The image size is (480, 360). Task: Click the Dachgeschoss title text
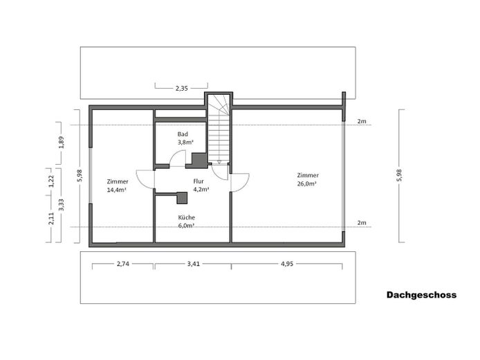[x=421, y=295]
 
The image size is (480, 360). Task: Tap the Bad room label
[x=183, y=134]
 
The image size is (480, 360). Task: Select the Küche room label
[x=187, y=217]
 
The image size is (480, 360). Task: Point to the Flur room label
[x=199, y=181]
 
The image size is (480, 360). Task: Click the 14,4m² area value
[x=117, y=190]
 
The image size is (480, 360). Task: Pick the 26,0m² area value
[x=306, y=184]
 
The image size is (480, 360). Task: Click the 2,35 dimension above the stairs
[x=181, y=89]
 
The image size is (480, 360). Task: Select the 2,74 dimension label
[x=122, y=264]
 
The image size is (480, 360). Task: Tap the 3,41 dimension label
[x=194, y=264]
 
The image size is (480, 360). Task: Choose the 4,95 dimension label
[x=287, y=264]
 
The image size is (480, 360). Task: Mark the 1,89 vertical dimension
[x=62, y=142]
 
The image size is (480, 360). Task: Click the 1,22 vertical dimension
[x=51, y=181]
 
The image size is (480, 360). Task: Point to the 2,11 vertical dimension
[x=51, y=219]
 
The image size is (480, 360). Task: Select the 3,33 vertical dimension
[x=62, y=205]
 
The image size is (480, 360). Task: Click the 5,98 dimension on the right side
[x=399, y=175]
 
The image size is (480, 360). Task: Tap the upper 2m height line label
[x=362, y=121]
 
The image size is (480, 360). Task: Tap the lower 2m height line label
[x=362, y=223]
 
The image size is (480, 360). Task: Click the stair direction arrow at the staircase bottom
[x=219, y=162]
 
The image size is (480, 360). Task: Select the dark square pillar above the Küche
[x=182, y=198]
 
